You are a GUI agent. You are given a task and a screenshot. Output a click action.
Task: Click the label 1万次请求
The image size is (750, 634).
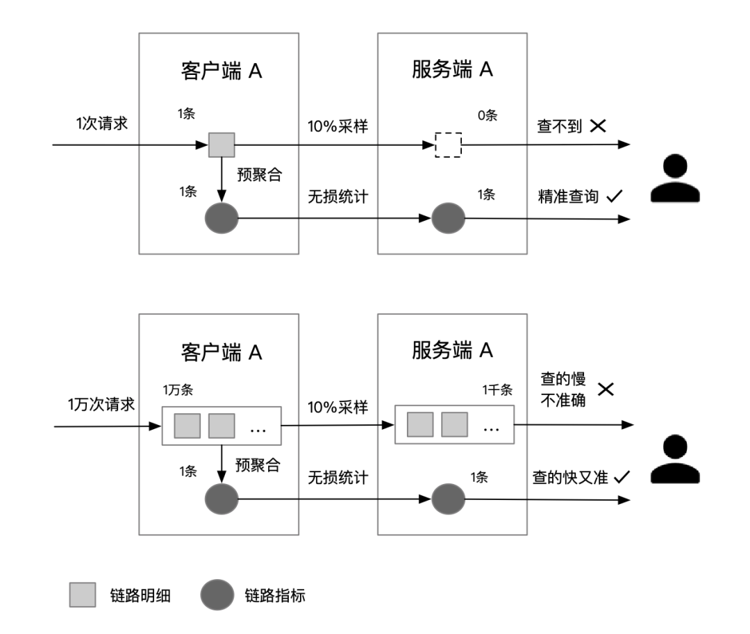tap(101, 405)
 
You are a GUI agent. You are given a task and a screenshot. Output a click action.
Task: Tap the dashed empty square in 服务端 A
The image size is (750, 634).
tap(449, 146)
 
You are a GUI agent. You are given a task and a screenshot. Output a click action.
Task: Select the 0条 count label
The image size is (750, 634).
tap(487, 115)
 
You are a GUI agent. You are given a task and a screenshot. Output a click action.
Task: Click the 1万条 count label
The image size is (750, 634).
tap(178, 390)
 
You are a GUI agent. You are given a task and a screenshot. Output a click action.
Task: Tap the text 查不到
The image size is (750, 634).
tap(558, 126)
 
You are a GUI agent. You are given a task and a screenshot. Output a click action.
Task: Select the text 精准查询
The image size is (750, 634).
tap(567, 197)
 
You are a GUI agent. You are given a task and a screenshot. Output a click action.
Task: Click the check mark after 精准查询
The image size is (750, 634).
tap(613, 197)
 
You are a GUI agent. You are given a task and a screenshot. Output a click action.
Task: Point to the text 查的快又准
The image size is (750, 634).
tap(572, 477)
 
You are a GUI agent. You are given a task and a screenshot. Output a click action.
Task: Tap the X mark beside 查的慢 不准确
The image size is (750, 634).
tap(606, 390)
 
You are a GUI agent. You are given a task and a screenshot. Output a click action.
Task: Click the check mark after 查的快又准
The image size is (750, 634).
tap(622, 477)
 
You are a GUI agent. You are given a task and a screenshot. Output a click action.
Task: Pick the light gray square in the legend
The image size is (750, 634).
tap(83, 595)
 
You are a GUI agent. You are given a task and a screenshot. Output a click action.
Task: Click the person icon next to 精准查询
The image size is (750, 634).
tap(675, 178)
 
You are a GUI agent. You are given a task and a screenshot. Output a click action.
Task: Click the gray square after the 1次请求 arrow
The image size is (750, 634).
tap(222, 146)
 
